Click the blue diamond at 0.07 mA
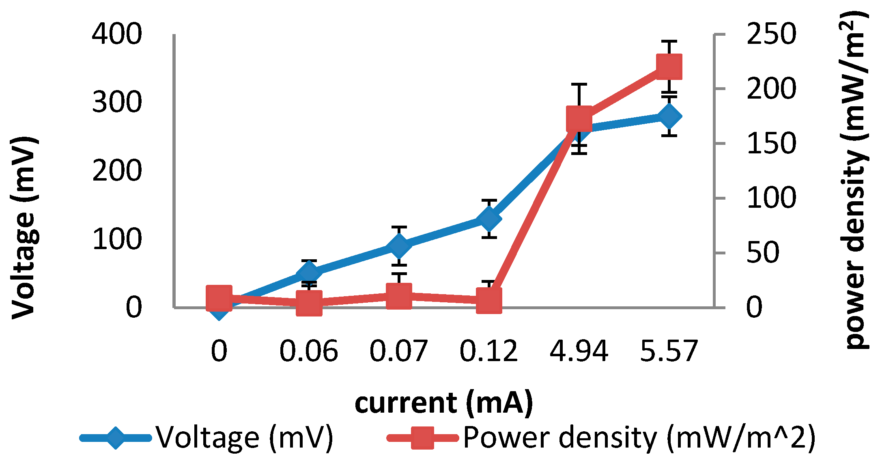coord(399,246)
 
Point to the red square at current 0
coord(219,297)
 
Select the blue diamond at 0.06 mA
coord(309,273)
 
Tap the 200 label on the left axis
coord(117,171)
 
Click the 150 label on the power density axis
coord(771,144)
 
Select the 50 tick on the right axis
coord(763,253)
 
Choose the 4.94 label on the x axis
coord(579,351)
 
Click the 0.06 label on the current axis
coord(309,351)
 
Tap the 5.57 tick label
coord(669,351)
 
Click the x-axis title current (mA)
coord(444,403)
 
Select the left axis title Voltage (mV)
coord(24,227)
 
